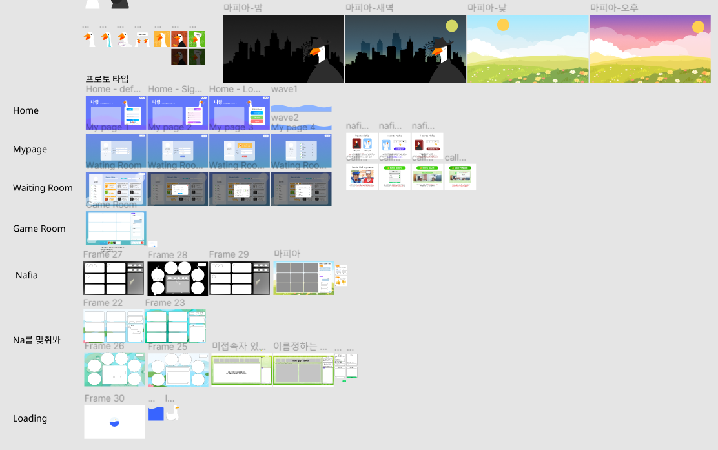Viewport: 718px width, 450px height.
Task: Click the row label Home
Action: pos(26,110)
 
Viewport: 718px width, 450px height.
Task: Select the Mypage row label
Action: pos(30,149)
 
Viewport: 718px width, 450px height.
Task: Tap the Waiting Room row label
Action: pos(43,188)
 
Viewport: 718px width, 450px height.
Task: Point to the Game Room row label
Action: pos(39,229)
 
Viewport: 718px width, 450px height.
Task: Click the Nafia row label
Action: pos(26,275)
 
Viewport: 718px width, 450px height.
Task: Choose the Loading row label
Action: pos(30,418)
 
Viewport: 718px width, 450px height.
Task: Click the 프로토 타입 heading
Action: pos(107,79)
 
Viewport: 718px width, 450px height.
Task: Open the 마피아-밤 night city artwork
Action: pos(283,49)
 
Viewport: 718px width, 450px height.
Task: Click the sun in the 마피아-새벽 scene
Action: pos(451,26)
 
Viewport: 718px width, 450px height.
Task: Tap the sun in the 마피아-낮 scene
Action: pos(503,25)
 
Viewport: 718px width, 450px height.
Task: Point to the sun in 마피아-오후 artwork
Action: pos(698,27)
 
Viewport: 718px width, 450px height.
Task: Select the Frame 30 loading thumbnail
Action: pos(114,422)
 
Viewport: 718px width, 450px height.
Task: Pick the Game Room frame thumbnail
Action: pos(116,228)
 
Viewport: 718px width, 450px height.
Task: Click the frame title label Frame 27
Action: pos(103,254)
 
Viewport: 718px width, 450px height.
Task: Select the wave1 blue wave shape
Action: pos(301,108)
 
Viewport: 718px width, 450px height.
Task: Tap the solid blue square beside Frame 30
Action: pos(156,413)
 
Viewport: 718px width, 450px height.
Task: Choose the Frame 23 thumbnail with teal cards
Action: pos(176,327)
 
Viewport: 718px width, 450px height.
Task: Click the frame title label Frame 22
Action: pos(103,303)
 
